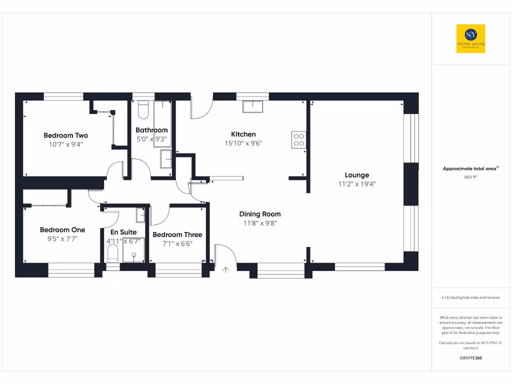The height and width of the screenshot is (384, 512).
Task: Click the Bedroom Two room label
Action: (65, 135)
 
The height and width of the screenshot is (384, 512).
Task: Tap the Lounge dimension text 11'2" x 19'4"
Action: (356, 184)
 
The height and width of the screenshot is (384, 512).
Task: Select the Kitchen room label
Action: (243, 134)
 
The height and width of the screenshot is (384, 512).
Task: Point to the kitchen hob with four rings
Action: (298, 139)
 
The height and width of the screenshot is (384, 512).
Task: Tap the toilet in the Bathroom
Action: (142, 110)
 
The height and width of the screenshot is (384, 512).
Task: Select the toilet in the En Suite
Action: (113, 255)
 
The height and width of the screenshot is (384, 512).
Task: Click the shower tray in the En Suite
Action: (134, 250)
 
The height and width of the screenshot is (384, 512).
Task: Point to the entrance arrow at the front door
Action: (225, 270)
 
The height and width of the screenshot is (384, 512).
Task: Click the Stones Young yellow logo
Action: (470, 39)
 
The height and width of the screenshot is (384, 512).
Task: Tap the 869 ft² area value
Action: (470, 177)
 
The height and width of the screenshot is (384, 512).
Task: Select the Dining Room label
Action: (259, 214)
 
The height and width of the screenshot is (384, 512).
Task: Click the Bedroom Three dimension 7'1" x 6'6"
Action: (177, 243)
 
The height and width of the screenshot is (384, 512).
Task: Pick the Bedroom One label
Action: (62, 230)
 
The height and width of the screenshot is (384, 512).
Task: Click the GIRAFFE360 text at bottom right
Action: (470, 358)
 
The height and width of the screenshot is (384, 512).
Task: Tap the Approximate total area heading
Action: (470, 169)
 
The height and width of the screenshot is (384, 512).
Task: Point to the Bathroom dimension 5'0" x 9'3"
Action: (151, 139)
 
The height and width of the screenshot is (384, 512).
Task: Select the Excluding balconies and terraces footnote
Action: (470, 297)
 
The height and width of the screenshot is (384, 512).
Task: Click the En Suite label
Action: (123, 232)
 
